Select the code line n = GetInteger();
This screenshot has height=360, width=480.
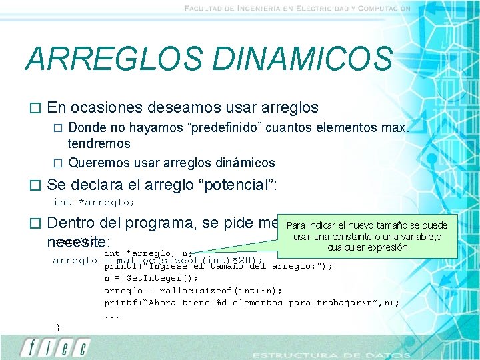click(x=151, y=278)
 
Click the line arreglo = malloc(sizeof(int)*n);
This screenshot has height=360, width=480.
click(x=193, y=290)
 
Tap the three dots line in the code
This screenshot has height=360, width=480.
click(x=111, y=315)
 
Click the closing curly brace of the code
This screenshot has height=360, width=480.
click(x=59, y=326)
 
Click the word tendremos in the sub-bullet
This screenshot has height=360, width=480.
click(x=99, y=143)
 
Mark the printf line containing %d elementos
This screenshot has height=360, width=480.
click(x=252, y=302)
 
